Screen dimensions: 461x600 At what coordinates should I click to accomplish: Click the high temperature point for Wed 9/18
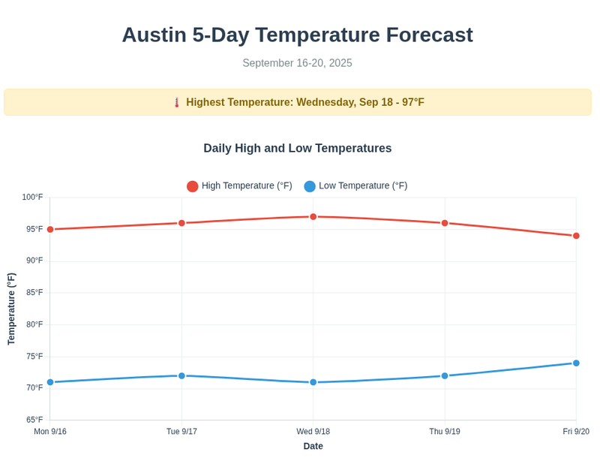[313, 217]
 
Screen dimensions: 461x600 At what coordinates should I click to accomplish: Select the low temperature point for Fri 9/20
[576, 363]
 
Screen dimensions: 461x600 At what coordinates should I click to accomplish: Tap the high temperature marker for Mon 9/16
[50, 230]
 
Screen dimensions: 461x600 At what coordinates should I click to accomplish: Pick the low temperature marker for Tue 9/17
[181, 376]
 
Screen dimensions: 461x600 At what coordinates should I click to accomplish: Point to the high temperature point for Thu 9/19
[445, 223]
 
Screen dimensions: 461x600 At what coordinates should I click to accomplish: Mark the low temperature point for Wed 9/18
[313, 383]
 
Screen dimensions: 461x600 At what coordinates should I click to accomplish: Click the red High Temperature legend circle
[193, 186]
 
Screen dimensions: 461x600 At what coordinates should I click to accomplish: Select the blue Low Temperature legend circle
[310, 186]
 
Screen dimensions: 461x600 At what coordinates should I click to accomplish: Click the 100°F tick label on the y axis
[32, 197]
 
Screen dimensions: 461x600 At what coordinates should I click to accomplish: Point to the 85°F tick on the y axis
[34, 293]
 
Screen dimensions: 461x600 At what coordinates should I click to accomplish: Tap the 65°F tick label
[34, 420]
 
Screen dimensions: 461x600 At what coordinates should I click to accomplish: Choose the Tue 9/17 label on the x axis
[181, 432]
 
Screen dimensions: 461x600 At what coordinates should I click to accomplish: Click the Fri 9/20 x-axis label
[576, 432]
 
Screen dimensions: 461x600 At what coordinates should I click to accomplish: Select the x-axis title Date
[313, 447]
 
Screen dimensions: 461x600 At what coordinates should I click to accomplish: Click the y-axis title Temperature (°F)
[11, 309]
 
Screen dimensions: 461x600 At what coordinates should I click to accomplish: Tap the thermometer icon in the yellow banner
[177, 103]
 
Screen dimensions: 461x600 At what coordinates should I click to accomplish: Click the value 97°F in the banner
[413, 102]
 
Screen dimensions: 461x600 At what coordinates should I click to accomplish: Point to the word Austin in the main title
[154, 35]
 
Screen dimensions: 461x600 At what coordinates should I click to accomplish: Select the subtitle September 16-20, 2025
[297, 63]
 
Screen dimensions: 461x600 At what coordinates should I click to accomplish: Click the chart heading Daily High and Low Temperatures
[297, 149]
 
